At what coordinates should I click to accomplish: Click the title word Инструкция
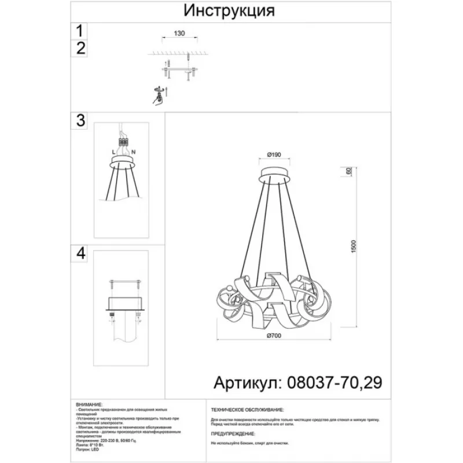(229, 10)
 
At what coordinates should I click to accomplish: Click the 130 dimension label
(179, 34)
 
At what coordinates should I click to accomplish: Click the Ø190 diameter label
(274, 155)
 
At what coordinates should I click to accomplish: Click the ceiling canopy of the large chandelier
(275, 173)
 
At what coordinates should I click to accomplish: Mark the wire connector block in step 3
(123, 142)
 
